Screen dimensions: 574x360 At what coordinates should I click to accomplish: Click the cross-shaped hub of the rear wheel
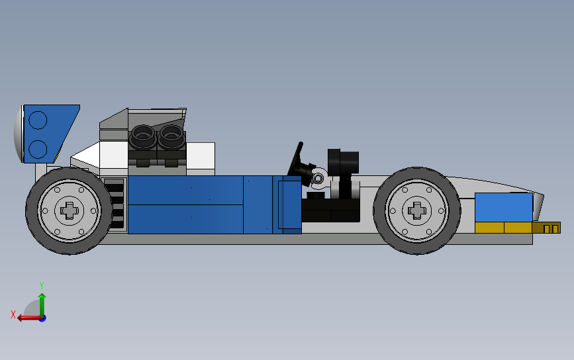[x=70, y=210]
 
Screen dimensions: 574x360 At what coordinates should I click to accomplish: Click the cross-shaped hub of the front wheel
[x=416, y=210]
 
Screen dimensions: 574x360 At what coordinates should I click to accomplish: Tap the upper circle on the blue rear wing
[x=38, y=120]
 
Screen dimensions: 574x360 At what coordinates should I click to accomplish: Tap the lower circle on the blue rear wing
[x=38, y=150]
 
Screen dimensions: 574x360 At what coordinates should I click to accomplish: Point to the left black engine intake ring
[x=143, y=136]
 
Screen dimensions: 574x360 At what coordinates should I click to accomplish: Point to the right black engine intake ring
[x=171, y=136]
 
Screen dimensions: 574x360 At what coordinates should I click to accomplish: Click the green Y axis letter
[x=42, y=285]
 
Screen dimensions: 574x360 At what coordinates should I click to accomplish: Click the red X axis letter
[x=13, y=314]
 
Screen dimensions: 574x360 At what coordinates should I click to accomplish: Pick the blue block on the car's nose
[x=504, y=207]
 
